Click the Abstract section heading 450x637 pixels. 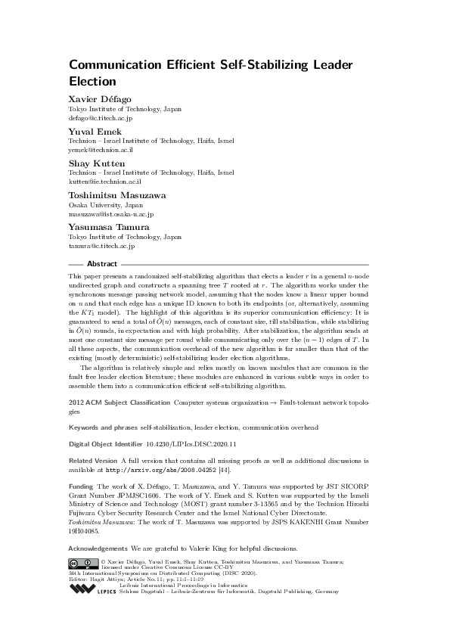point(102,264)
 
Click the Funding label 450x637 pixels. point(81,487)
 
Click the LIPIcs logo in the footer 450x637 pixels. point(92,587)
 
